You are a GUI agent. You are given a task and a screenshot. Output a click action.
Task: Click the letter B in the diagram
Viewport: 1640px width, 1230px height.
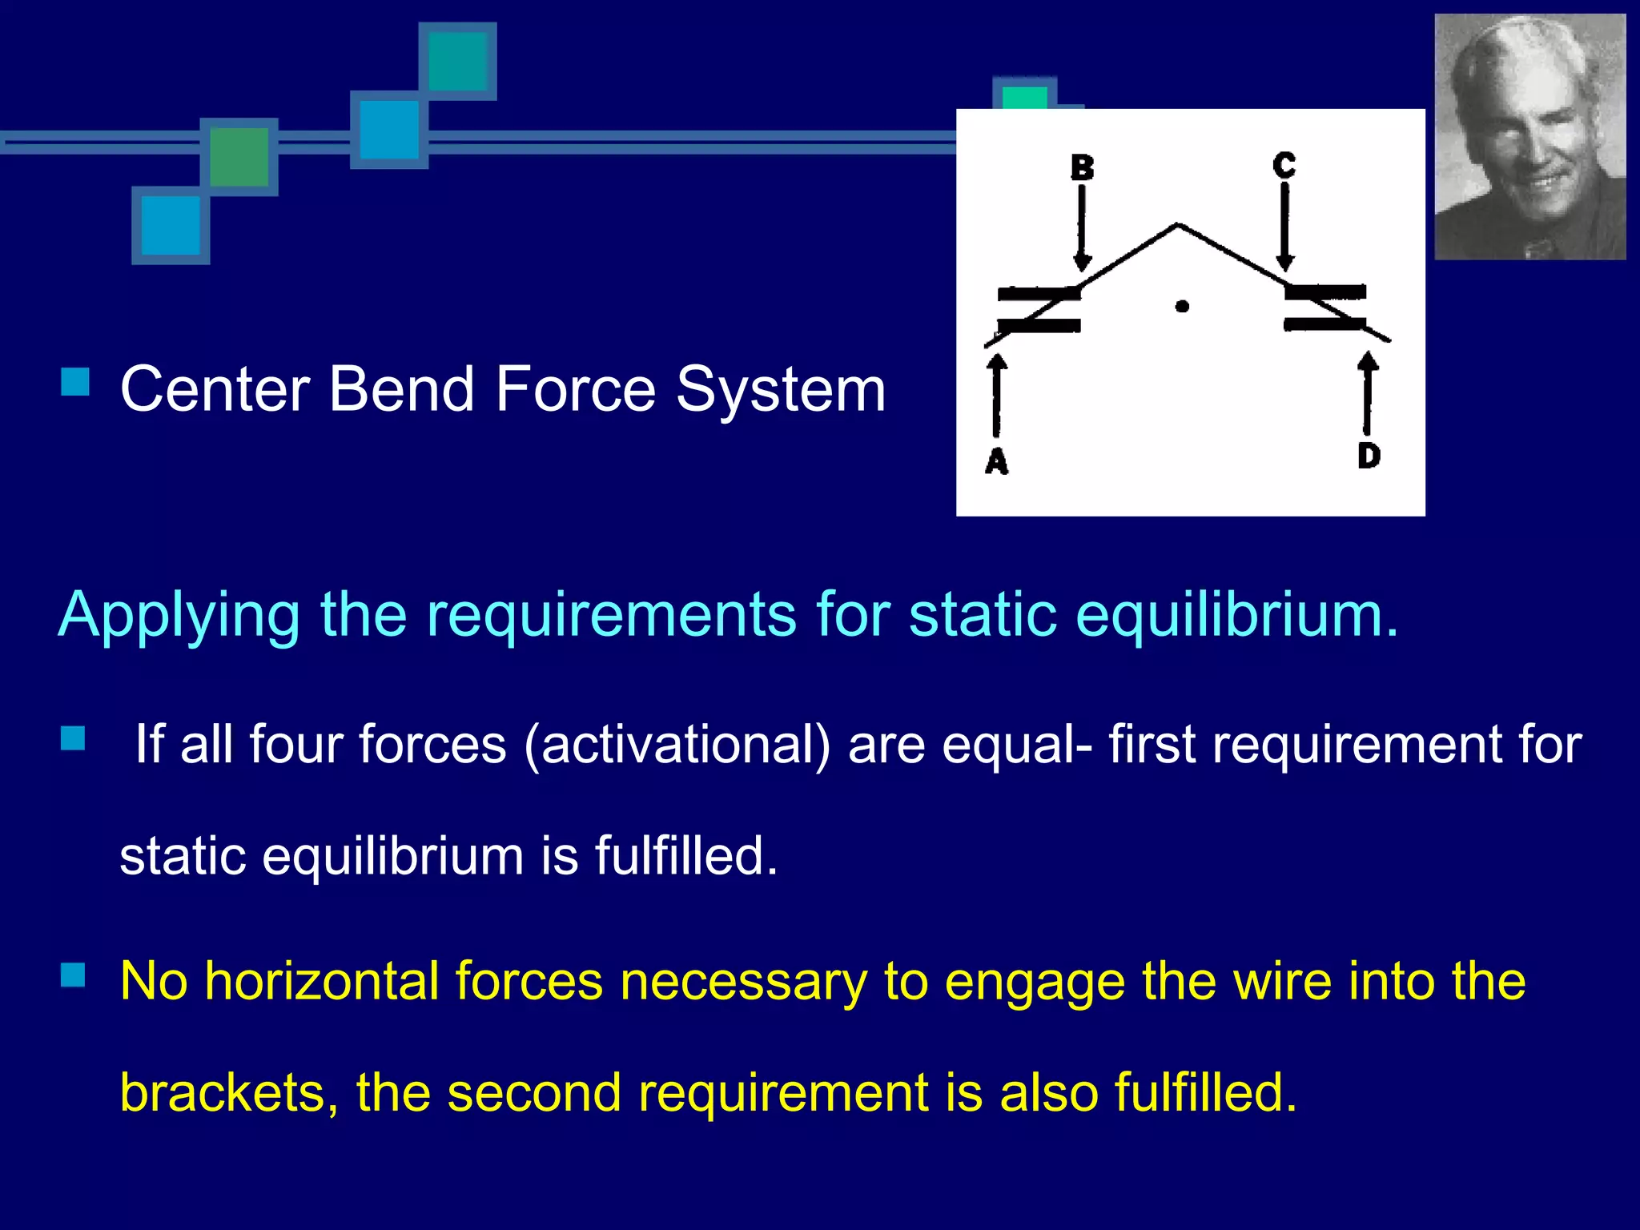(1082, 167)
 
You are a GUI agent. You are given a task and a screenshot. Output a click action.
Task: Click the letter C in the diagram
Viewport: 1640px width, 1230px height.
(1284, 165)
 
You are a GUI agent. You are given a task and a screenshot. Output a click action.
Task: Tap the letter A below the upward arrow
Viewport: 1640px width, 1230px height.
(996, 461)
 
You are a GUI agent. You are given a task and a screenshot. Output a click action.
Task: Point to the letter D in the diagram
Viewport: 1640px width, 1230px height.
(1369, 455)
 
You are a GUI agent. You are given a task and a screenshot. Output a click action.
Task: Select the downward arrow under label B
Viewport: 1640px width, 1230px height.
(1082, 228)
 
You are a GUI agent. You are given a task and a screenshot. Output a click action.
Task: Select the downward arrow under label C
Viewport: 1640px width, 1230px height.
(1284, 227)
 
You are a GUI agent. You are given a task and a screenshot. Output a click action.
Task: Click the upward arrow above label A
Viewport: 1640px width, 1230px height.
(997, 396)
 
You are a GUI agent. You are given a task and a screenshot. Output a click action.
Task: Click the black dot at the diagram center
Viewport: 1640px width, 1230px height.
(1182, 306)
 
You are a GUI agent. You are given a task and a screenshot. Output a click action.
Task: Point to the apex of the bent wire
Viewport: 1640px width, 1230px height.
(1177, 225)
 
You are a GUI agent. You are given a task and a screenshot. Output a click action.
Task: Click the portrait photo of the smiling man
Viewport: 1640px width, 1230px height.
(1529, 136)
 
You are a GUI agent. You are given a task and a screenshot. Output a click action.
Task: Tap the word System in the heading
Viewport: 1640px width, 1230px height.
(781, 389)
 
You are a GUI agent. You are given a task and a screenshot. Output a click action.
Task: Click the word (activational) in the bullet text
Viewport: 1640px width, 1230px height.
(677, 745)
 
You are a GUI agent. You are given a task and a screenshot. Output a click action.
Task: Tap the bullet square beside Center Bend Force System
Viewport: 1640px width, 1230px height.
(74, 381)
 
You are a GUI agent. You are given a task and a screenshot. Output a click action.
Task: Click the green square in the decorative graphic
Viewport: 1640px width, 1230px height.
(239, 157)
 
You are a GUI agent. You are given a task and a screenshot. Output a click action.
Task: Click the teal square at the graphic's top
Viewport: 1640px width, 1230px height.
(458, 61)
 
